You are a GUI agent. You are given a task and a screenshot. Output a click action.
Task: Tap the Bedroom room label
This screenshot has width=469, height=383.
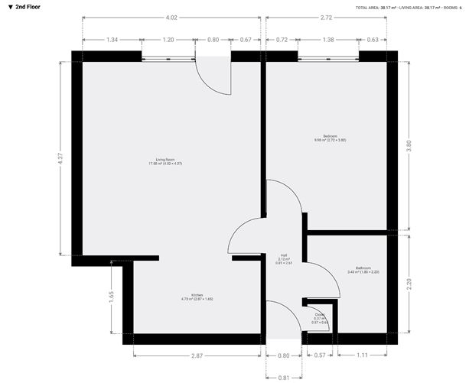click(x=330, y=138)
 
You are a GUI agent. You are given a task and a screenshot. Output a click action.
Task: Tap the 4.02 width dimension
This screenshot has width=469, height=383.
click(x=172, y=17)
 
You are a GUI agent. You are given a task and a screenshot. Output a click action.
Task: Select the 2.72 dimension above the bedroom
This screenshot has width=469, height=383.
click(x=327, y=17)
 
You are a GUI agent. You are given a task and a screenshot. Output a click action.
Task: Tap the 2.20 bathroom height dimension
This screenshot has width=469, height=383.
click(x=408, y=284)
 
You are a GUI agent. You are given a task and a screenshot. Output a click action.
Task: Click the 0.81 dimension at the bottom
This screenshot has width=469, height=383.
click(x=284, y=377)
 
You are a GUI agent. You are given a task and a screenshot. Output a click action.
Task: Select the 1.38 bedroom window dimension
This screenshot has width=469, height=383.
click(x=328, y=39)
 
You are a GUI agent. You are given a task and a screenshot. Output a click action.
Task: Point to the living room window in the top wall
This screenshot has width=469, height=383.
click(x=168, y=57)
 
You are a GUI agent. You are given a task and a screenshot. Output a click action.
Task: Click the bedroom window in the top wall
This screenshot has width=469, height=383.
click(x=328, y=57)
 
